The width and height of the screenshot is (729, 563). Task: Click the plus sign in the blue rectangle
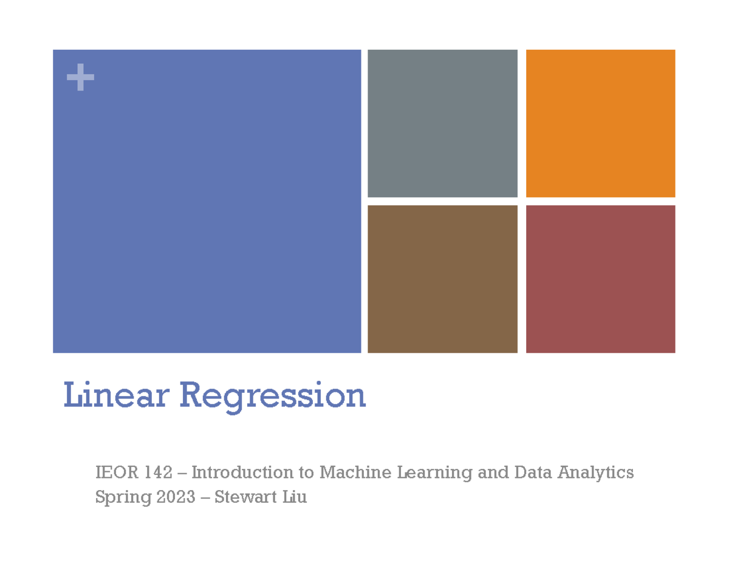pyautogui.click(x=80, y=79)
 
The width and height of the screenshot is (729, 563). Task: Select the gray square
pyautogui.click(x=442, y=123)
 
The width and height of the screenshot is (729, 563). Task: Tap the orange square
pyautogui.click(x=600, y=123)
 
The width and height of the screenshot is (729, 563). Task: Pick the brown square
pyautogui.click(x=442, y=279)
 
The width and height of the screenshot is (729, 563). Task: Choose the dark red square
pyautogui.click(x=600, y=279)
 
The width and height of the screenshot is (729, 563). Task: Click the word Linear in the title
pyautogui.click(x=115, y=395)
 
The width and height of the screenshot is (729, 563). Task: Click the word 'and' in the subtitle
pyautogui.click(x=494, y=472)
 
